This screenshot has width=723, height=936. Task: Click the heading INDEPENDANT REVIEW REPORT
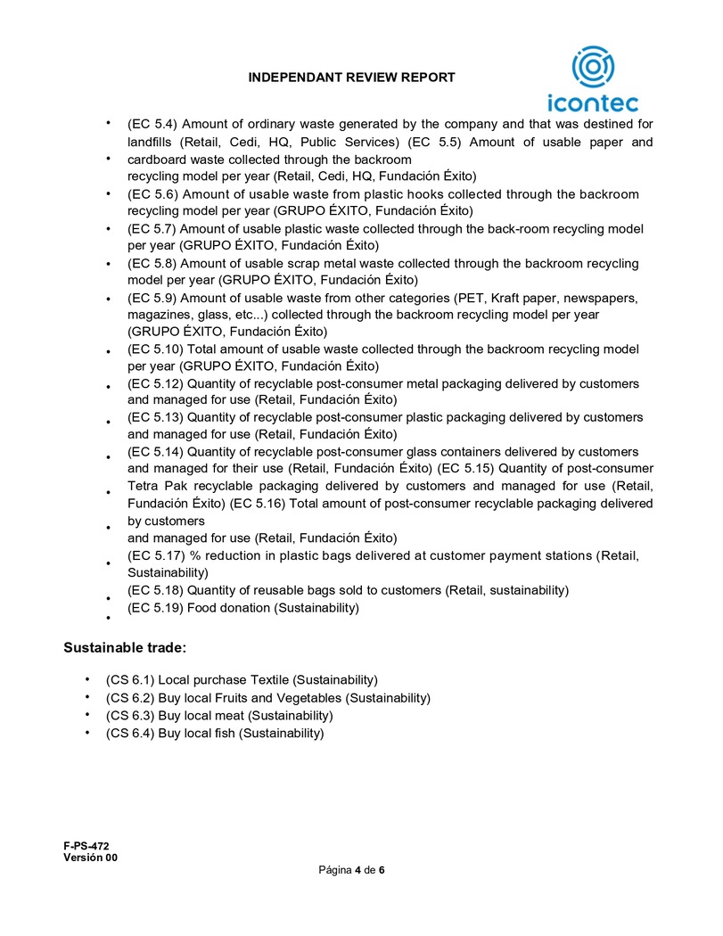click(352, 78)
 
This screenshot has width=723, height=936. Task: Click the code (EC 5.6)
click(154, 193)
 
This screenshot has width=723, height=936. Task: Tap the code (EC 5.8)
click(154, 263)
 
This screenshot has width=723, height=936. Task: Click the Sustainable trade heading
click(124, 646)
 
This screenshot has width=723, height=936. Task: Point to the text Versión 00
click(90, 858)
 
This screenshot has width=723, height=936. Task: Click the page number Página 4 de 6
click(352, 870)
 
